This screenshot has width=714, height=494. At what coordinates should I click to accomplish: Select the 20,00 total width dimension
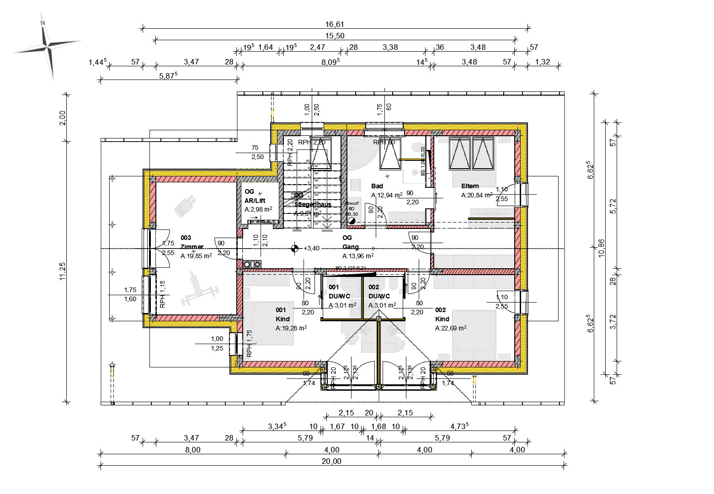click(331, 461)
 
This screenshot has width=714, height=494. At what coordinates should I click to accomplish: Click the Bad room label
click(377, 186)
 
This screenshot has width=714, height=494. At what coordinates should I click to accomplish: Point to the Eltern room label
click(470, 186)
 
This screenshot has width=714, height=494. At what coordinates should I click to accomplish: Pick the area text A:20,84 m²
click(476, 195)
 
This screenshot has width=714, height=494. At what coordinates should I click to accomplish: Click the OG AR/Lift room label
click(255, 197)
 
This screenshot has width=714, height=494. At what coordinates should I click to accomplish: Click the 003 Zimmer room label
click(192, 242)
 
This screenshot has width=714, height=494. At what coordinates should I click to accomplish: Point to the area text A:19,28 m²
click(291, 328)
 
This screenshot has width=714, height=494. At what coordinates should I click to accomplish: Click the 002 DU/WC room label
click(379, 292)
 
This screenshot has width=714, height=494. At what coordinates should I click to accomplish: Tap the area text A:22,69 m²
click(450, 328)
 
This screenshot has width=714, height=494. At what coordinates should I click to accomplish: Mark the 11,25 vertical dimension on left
click(63, 273)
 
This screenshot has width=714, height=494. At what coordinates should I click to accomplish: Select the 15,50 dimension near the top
click(335, 36)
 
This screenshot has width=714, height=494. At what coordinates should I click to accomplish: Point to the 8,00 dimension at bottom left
click(192, 450)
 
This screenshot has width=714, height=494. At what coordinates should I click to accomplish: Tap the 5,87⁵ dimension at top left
click(168, 76)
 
